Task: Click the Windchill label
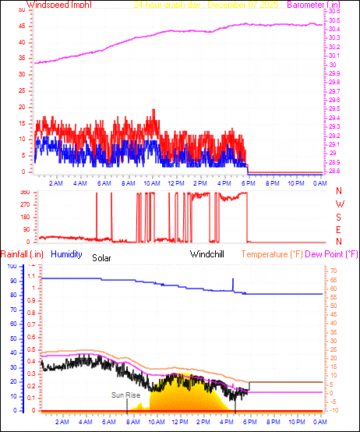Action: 208,254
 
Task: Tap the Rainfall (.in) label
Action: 22,254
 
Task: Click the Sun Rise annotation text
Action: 125,395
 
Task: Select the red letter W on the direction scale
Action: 339,204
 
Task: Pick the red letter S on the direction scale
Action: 339,217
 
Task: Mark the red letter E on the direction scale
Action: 339,229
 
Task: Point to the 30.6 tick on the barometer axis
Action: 334,12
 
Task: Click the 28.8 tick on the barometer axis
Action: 334,172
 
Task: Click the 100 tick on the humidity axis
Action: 12,266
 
